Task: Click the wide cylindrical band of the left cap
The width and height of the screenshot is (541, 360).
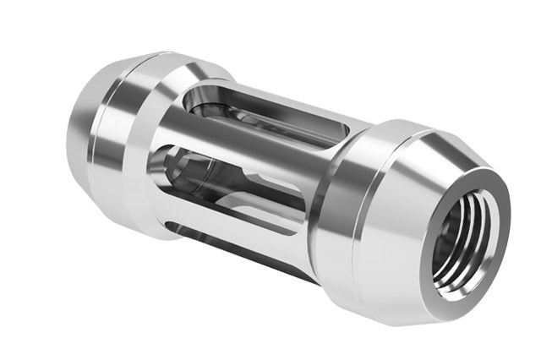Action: [x=127, y=127]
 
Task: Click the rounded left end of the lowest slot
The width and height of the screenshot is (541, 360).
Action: [x=173, y=225]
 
